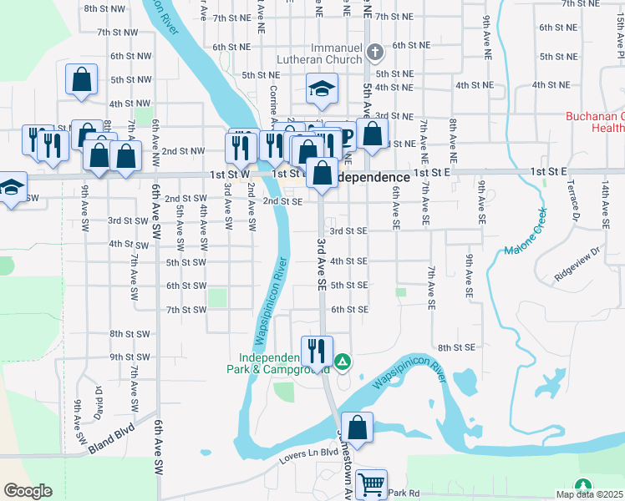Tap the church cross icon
(x=375, y=53)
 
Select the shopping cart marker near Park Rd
(x=370, y=483)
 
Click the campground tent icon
(x=343, y=362)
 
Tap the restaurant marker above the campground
(x=317, y=350)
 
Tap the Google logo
(x=28, y=491)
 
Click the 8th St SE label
(x=456, y=347)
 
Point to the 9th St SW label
(x=130, y=357)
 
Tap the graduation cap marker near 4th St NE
(x=320, y=91)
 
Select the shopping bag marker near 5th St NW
(x=82, y=79)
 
